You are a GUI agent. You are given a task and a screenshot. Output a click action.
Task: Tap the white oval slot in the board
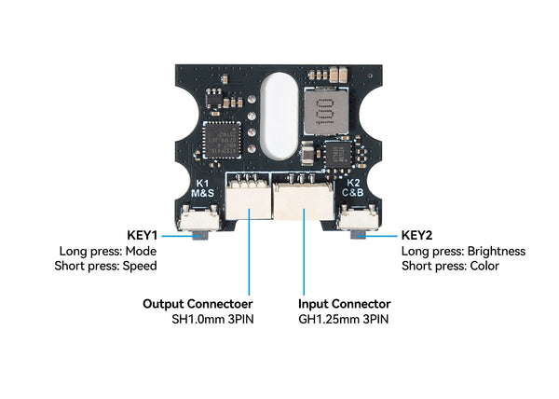pyautogui.click(x=278, y=114)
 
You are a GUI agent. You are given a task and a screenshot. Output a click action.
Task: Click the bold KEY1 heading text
pyautogui.click(x=142, y=236)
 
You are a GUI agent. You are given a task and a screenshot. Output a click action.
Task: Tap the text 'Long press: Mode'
pyautogui.click(x=108, y=251)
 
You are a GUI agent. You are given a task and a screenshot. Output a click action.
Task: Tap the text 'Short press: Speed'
pyautogui.click(x=105, y=266)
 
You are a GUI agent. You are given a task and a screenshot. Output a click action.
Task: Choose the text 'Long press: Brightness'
pyautogui.click(x=463, y=251)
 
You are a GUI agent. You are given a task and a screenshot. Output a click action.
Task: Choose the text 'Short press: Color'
pyautogui.click(x=450, y=266)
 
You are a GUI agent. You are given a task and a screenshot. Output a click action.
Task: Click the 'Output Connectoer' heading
pyautogui.click(x=198, y=304)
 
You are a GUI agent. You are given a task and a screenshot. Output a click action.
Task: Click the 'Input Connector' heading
pyautogui.click(x=344, y=304)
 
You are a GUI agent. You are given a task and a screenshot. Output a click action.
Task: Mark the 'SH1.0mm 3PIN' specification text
pyautogui.click(x=211, y=319)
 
